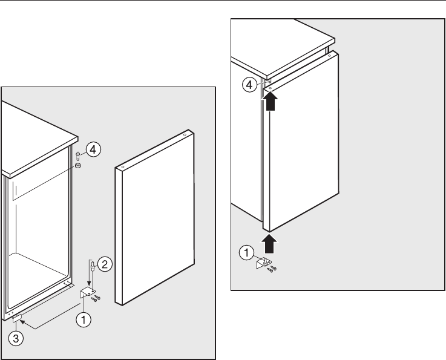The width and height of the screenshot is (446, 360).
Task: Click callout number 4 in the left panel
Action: click(93, 149)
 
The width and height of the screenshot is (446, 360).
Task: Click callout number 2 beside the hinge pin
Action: click(105, 264)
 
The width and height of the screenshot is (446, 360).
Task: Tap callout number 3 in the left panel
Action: click(16, 338)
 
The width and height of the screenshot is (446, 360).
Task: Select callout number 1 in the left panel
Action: click(84, 320)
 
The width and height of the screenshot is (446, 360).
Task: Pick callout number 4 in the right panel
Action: click(249, 85)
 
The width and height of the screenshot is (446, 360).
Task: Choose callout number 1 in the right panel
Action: click(246, 252)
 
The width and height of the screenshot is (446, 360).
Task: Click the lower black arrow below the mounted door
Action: click(269, 243)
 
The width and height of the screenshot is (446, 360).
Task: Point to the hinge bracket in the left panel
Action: click(87, 293)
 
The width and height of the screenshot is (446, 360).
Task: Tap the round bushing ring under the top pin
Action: click(77, 165)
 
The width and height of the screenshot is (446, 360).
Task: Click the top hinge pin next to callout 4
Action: click(77, 156)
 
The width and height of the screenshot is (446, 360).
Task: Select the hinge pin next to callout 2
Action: click(92, 266)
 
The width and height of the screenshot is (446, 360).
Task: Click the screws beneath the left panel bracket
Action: click(96, 298)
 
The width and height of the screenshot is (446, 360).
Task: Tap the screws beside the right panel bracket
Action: click(272, 269)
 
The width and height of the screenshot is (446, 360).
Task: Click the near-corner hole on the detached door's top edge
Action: click(123, 167)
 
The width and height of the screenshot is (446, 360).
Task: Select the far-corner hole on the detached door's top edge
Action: click(185, 134)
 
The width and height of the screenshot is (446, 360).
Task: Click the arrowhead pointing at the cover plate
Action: click(22, 322)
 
